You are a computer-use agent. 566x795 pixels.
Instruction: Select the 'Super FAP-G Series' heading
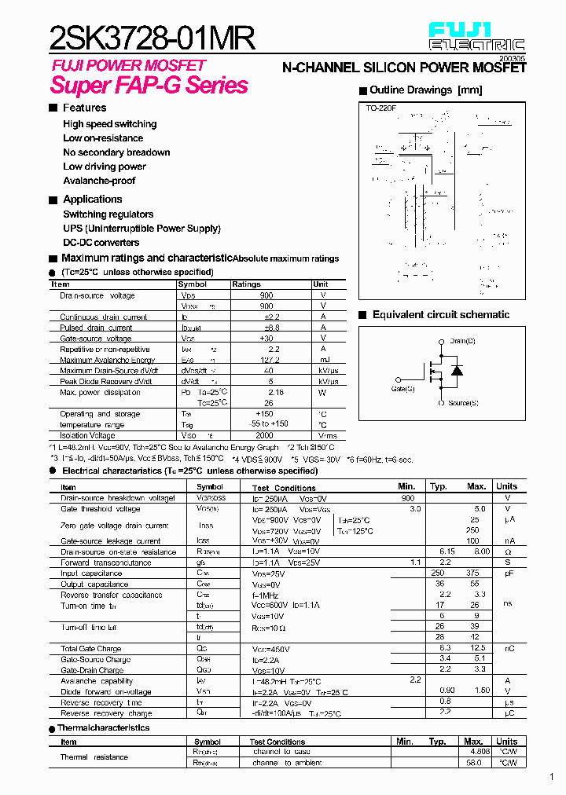pos(149,86)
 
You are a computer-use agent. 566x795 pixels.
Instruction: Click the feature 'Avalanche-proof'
pos(99,181)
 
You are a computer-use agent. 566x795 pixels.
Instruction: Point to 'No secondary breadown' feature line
pos(116,152)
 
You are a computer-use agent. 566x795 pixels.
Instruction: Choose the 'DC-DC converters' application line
pos(101,243)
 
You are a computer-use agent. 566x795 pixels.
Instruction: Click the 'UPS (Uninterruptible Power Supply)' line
pos(141,229)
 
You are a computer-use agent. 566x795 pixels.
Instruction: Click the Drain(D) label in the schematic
pos(462,341)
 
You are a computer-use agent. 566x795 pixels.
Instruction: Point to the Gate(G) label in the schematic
pos(403,389)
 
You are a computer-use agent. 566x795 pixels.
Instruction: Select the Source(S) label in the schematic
pos(463,403)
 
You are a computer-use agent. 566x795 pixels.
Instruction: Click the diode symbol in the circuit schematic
pos(456,371)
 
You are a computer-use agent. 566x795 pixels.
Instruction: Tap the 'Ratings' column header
pos(246,284)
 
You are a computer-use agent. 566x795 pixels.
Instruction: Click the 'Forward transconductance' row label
pos(106,562)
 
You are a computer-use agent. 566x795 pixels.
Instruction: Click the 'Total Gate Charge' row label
pos(90,649)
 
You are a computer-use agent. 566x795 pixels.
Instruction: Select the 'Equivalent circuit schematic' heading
pos(441,315)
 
